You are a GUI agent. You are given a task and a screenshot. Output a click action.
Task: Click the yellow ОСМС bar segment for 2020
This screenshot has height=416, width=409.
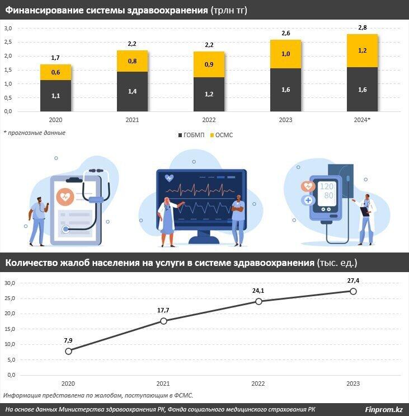pos(55,72)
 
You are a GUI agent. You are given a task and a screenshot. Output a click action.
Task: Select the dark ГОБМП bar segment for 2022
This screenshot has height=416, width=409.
pos(209,94)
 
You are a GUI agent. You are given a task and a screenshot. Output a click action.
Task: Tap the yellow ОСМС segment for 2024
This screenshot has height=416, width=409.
pos(362,50)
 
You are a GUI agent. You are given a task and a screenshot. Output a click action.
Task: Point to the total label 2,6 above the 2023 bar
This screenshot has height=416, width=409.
pos(285,33)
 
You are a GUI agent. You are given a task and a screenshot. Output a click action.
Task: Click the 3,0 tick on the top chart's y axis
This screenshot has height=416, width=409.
pos(8,29)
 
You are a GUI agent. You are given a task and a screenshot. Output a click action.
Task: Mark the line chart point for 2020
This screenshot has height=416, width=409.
pos(68,351)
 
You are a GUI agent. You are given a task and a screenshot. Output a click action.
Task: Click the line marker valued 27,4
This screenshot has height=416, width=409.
pos(353,291)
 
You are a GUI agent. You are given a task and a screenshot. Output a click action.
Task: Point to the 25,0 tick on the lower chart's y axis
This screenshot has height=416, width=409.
pos(9,298)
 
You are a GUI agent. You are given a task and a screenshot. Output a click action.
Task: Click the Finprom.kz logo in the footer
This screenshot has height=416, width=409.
pos(384,409)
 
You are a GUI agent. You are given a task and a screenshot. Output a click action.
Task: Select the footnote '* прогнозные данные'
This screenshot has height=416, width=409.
pos(35,133)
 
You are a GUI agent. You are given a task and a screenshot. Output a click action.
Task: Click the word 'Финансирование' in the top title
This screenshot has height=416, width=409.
pos(43,10)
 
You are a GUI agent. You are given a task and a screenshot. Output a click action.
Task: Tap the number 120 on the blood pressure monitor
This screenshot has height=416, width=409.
pos(327,186)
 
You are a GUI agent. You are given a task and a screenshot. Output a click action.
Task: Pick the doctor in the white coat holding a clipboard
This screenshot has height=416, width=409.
pos(366,218)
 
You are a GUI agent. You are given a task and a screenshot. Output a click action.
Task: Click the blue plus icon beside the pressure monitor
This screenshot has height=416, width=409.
pos(307,200)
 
